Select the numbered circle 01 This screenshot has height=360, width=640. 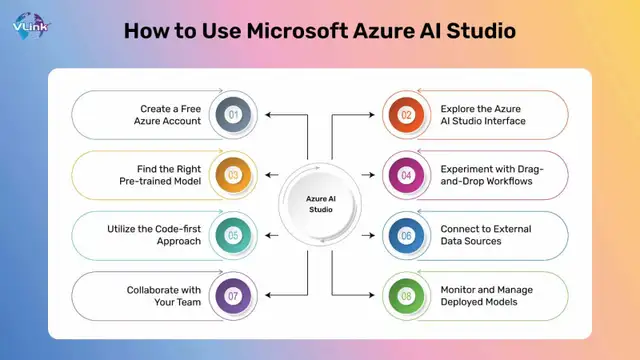(232, 114)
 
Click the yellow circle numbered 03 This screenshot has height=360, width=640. (232, 175)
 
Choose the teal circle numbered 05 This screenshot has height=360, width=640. (232, 235)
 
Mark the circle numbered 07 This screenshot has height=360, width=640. (232, 296)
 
